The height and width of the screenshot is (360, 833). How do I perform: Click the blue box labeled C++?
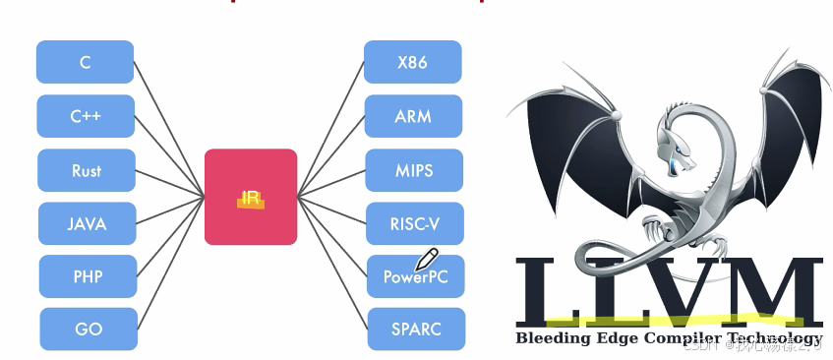tap(86, 116)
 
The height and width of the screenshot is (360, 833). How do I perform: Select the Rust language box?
tap(87, 170)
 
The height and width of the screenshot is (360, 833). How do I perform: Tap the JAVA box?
tap(87, 223)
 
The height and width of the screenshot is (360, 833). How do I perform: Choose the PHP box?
tap(88, 276)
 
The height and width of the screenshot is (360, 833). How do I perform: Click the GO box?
tap(89, 330)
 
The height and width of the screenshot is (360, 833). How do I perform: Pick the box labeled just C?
tap(86, 62)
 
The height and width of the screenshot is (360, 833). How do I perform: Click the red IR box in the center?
tap(250, 197)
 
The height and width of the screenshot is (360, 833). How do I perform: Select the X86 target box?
tap(412, 62)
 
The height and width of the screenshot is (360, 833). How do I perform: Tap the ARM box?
tap(413, 116)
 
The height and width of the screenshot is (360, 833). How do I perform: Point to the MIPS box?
tap(414, 170)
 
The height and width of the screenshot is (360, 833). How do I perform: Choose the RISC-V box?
tap(414, 223)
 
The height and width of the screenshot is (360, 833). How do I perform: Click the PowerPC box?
tap(415, 277)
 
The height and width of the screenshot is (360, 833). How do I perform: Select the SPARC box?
tap(416, 330)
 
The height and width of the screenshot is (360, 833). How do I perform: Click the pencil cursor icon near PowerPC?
tap(426, 259)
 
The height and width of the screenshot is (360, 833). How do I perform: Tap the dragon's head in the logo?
tap(677, 148)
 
